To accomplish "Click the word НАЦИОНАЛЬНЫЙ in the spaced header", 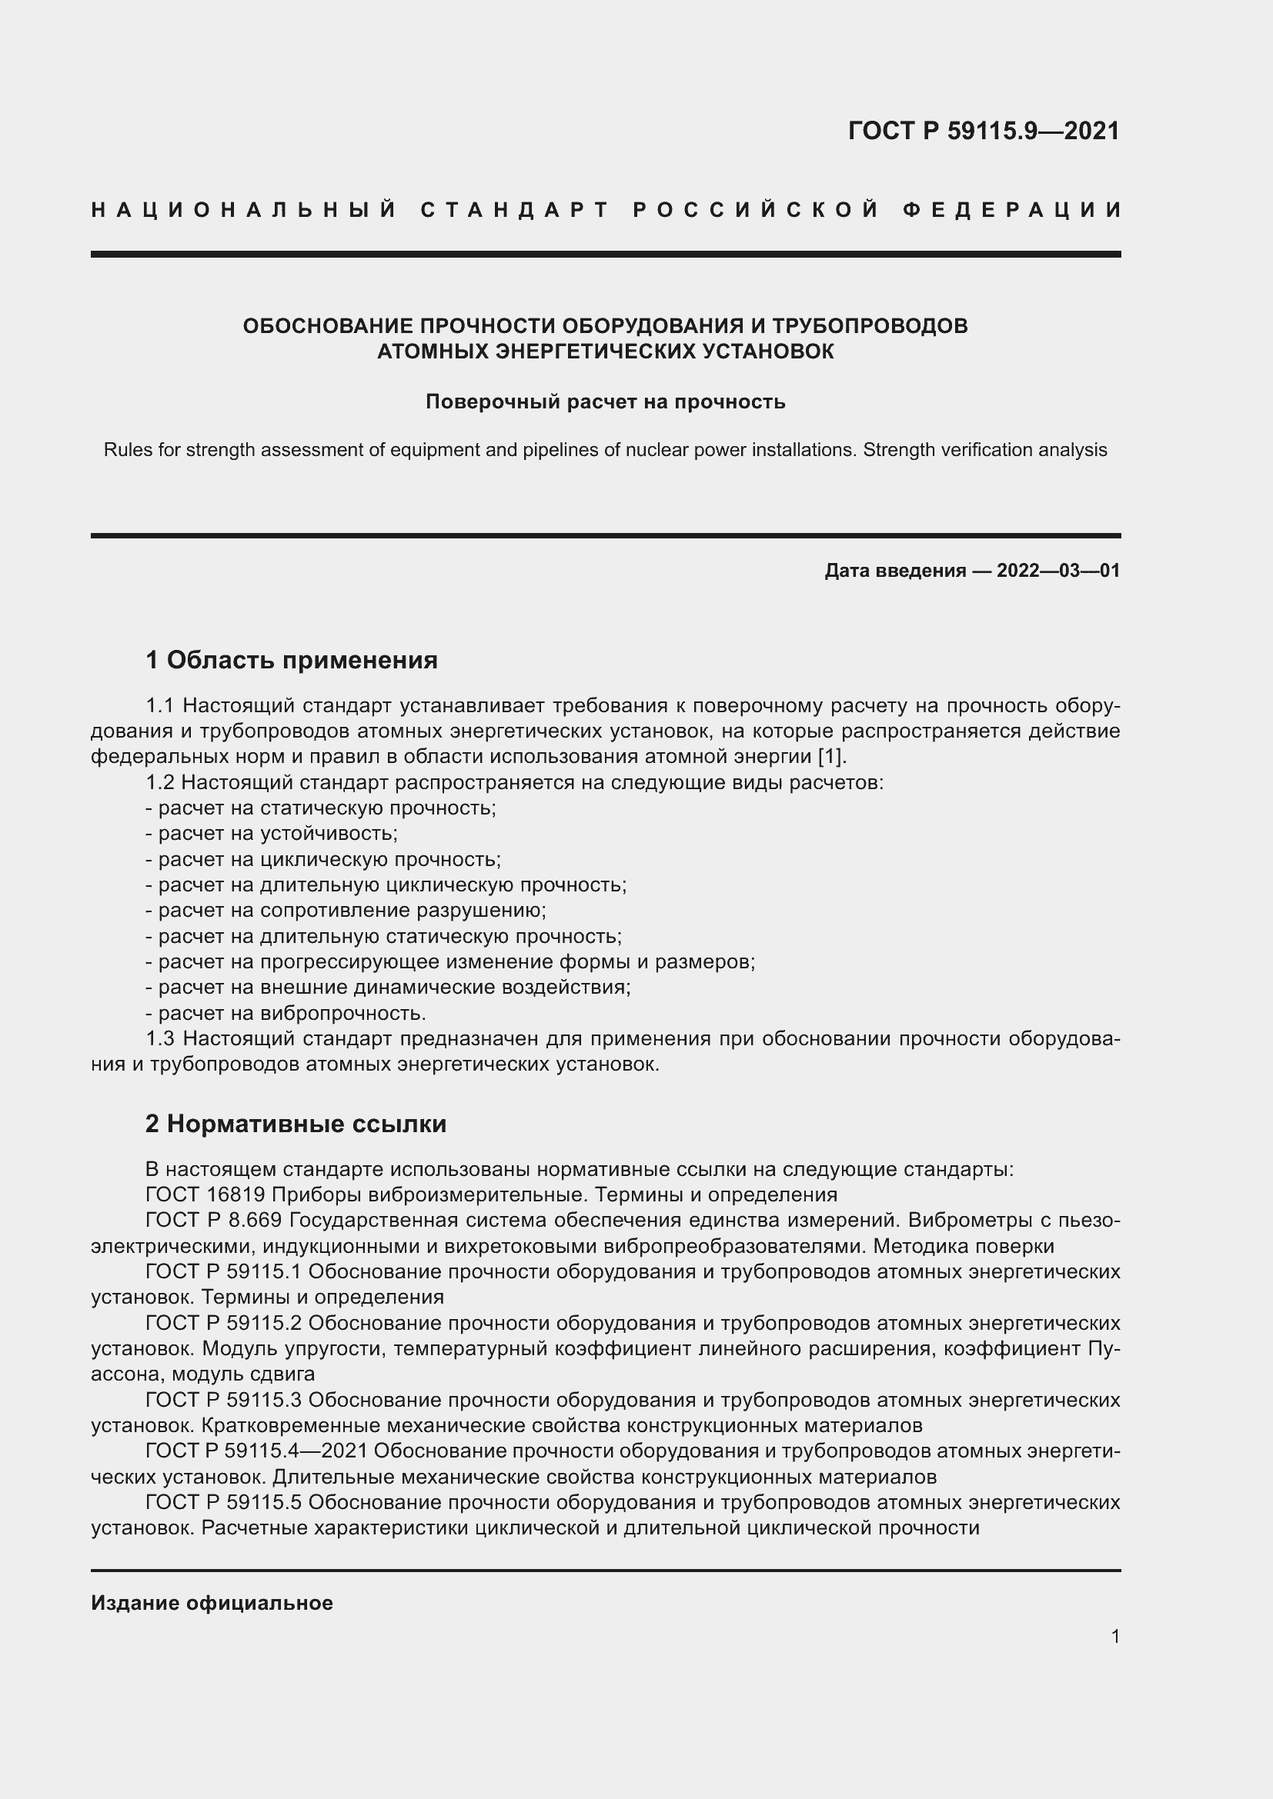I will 244,210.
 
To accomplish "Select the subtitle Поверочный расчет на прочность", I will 605,402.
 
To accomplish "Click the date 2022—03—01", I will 1058,571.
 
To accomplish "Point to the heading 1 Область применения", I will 292,660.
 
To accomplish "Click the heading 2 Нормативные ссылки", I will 296,1124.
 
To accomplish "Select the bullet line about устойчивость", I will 272,833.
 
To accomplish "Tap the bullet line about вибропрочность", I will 286,1013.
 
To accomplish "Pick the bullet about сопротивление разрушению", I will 346,910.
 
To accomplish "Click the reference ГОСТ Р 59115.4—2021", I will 256,1451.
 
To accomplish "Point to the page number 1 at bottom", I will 1114,1636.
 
